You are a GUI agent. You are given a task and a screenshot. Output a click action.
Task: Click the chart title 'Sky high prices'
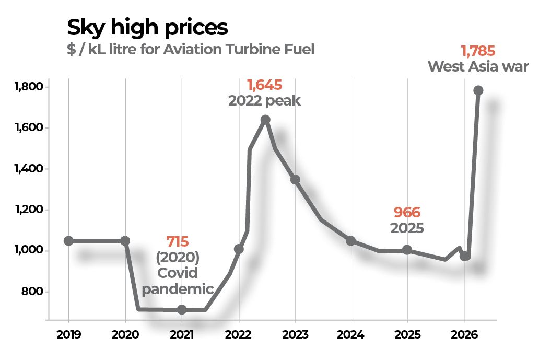tap(147, 28)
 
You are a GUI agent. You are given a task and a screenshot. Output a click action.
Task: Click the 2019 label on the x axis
tap(68, 334)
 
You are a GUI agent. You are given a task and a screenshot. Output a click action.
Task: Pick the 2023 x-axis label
tap(295, 334)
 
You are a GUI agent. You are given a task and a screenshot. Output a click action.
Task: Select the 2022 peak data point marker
tap(265, 120)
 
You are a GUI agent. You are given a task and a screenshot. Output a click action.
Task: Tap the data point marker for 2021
tap(182, 309)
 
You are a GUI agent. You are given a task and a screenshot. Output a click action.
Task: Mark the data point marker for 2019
tap(68, 241)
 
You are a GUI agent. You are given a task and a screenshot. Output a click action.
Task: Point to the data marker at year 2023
tap(295, 180)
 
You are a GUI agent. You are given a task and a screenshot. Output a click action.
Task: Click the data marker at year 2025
tap(407, 250)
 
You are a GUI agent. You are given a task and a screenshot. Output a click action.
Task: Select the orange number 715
tap(178, 241)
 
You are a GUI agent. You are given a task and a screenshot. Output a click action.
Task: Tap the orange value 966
tap(407, 213)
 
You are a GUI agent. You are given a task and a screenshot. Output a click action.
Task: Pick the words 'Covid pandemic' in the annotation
tap(178, 282)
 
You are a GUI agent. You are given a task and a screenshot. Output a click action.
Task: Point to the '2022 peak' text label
tap(264, 100)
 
